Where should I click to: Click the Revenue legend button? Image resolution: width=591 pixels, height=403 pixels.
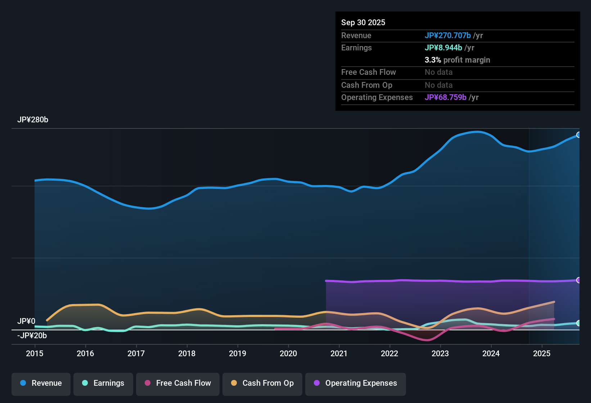(x=41, y=383)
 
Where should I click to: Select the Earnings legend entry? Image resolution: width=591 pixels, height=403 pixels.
(x=103, y=383)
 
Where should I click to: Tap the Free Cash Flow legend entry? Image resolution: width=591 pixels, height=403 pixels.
(x=178, y=383)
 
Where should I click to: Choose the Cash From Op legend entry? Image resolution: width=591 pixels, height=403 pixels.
(x=262, y=383)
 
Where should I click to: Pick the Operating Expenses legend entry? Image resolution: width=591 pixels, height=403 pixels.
(x=356, y=383)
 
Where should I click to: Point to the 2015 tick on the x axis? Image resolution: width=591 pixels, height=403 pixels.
(x=35, y=353)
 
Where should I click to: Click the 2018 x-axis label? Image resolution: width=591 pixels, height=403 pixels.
(x=187, y=353)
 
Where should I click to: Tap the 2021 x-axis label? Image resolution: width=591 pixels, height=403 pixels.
(x=339, y=353)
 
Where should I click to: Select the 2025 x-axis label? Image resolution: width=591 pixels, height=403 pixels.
(x=542, y=353)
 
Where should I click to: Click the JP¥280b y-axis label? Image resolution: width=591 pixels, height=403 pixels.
(x=33, y=120)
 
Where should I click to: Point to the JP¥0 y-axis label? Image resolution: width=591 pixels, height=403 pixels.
(x=26, y=321)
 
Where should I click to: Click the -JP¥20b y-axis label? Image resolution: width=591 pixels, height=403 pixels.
(x=32, y=336)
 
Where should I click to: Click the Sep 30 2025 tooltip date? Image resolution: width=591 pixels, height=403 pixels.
(x=363, y=23)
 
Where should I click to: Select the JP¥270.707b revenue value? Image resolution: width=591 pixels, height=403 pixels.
(x=448, y=36)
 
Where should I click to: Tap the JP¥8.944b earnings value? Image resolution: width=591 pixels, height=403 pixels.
(x=443, y=48)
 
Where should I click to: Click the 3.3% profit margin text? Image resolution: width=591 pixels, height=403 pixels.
(x=457, y=60)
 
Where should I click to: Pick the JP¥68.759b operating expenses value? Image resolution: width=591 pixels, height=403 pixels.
(x=446, y=98)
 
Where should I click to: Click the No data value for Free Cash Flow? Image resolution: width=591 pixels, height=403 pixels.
(x=439, y=72)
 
